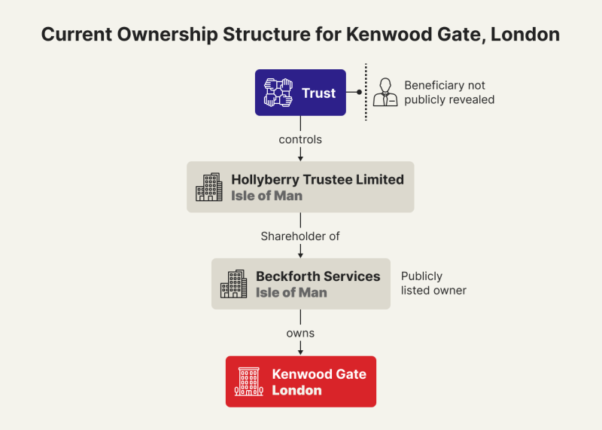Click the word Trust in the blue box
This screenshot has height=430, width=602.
click(x=318, y=93)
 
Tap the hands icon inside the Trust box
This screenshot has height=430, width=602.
click(x=278, y=93)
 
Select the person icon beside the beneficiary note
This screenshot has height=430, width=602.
click(x=385, y=93)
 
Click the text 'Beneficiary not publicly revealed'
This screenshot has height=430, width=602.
click(x=449, y=93)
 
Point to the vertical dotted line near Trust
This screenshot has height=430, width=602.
click(x=366, y=93)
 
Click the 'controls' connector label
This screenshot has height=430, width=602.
click(x=300, y=139)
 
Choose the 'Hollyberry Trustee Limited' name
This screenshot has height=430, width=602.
click(x=317, y=179)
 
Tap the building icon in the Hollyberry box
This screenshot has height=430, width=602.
click(x=209, y=187)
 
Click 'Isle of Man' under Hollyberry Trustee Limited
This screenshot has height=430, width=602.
click(x=266, y=196)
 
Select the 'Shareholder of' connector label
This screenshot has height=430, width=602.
click(x=300, y=236)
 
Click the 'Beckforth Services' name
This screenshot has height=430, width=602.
click(x=318, y=276)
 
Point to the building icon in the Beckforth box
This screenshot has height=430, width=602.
click(x=233, y=284)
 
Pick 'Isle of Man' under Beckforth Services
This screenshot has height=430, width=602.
click(x=291, y=292)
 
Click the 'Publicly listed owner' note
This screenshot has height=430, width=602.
click(x=433, y=283)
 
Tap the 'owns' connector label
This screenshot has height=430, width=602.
click(x=300, y=333)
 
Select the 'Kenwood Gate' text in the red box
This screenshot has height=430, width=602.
click(x=319, y=374)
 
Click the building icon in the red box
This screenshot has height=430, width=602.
click(x=248, y=382)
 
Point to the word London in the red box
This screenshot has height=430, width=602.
click(x=296, y=390)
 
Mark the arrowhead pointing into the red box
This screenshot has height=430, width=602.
click(x=301, y=351)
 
